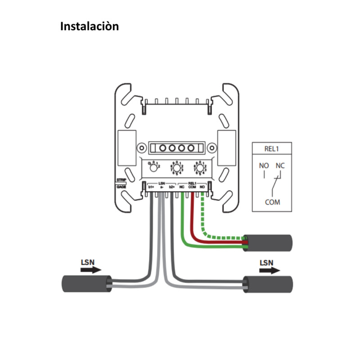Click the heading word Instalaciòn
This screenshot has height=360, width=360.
tap(90, 26)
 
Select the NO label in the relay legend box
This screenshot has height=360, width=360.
tap(264, 166)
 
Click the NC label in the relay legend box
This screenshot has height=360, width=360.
tap(280, 166)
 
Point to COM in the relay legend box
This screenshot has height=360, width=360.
tap(272, 202)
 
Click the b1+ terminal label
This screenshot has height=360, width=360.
tap(151, 187)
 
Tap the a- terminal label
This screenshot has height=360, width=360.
tap(161, 187)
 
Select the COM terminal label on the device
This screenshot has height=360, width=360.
tap(192, 187)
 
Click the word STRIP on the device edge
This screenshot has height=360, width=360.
tap(121, 180)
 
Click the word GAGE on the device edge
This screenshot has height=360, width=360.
tap(121, 186)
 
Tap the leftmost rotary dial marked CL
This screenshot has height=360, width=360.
tap(153, 167)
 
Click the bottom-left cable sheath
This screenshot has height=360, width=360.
tap(86, 283)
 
